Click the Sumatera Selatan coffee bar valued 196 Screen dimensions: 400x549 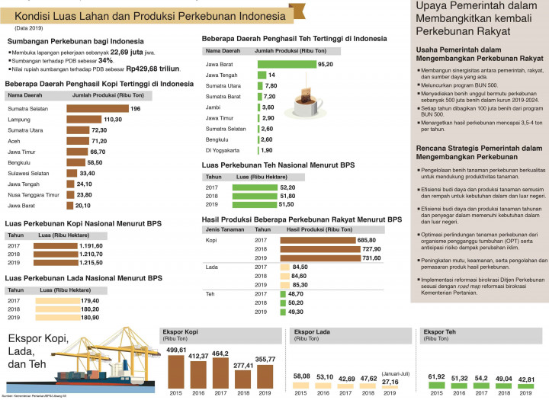[98, 109]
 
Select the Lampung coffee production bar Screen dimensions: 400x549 [84, 120]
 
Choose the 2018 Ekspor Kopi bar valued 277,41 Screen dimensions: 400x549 [244, 378]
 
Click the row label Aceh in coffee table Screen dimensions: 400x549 [14, 141]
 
